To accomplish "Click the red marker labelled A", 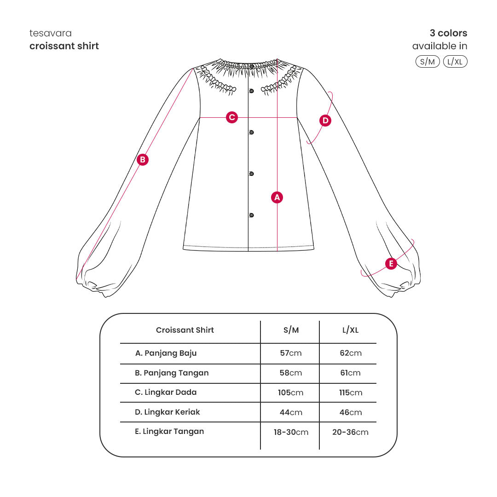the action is [277, 197].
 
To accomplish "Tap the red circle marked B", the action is [143, 159].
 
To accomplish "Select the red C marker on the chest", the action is [232, 117].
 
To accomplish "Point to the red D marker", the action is [325, 121].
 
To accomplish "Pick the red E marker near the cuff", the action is [391, 263].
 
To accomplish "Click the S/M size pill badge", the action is [428, 62].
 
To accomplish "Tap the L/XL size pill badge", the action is [455, 62].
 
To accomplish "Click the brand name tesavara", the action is [51, 33].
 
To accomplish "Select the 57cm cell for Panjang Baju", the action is [291, 353].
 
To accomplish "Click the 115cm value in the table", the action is [351, 393].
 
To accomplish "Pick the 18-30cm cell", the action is [291, 432].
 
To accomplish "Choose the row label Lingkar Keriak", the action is [168, 412].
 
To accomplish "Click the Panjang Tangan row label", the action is [172, 373].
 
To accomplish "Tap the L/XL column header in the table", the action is [351, 330].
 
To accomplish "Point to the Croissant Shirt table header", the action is [185, 330].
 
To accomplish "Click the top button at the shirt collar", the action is [251, 67].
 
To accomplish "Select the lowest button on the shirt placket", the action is [251, 215].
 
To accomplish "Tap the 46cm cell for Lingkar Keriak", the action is [351, 412].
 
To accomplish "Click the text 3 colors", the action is [449, 33].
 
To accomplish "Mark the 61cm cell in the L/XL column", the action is [351, 373].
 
